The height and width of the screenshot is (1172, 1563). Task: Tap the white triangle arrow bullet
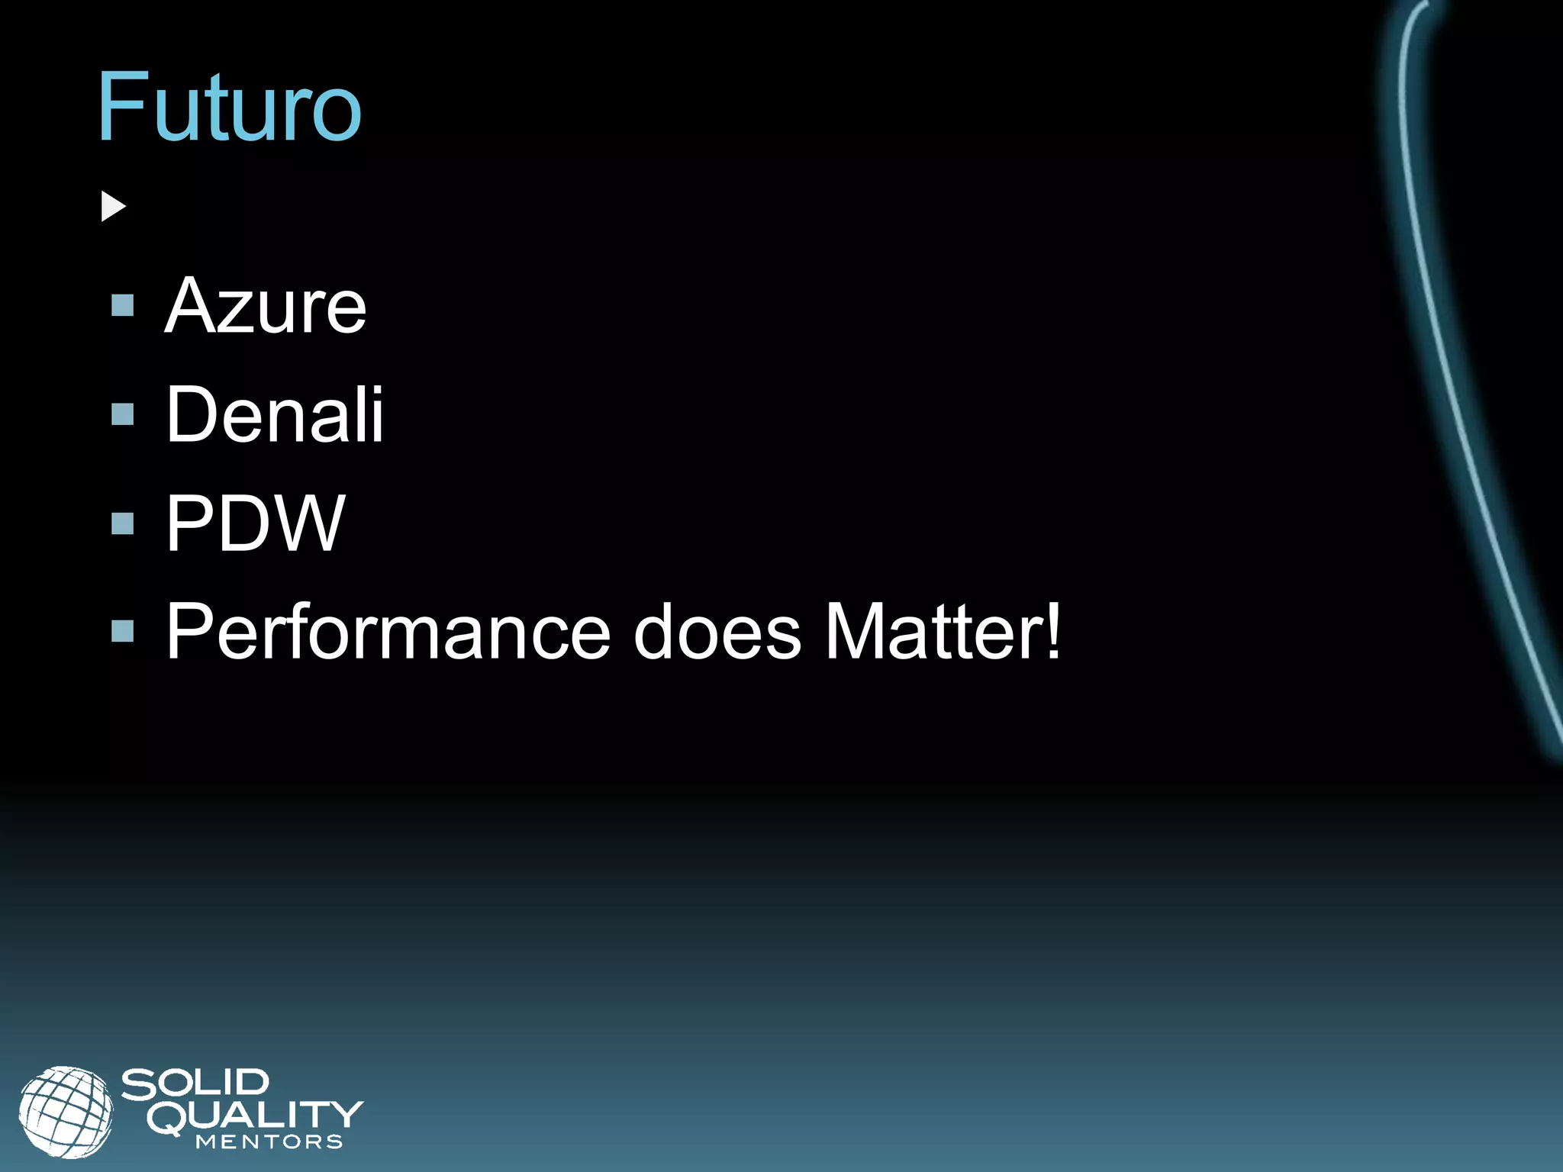[112, 207]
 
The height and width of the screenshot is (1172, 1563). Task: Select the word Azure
[266, 306]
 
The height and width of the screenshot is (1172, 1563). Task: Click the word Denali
[275, 414]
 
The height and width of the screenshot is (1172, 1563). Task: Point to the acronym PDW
[256, 523]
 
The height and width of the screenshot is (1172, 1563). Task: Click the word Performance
[388, 632]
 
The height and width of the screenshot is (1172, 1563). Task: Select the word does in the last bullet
[717, 632]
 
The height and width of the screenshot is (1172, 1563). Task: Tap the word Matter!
[943, 632]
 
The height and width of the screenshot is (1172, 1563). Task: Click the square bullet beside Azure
[122, 306]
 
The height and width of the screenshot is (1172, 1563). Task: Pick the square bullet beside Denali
[122, 414]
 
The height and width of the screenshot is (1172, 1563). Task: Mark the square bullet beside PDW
[122, 523]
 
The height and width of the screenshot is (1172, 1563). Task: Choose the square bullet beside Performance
[122, 631]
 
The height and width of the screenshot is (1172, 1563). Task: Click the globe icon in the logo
[66, 1111]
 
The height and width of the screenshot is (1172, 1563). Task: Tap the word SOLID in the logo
[195, 1084]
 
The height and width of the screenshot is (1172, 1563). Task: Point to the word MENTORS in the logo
[269, 1142]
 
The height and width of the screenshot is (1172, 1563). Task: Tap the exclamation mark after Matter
[1053, 630]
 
